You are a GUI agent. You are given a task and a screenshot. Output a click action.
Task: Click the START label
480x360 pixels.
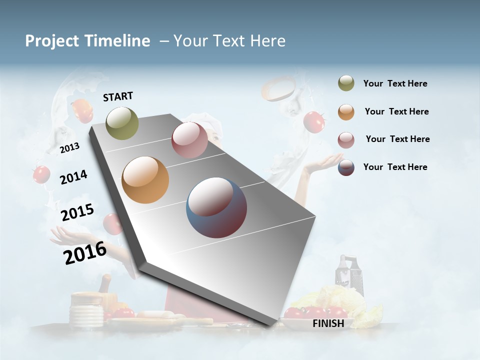(118, 96)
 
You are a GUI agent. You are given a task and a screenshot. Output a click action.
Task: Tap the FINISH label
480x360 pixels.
(328, 323)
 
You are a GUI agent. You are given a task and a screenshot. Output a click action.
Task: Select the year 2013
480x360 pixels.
(70, 148)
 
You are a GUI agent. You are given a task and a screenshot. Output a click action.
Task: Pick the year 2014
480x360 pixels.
(73, 177)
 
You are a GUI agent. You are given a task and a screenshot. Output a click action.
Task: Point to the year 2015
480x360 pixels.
(77, 212)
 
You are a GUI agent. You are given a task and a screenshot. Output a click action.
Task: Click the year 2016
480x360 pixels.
(85, 253)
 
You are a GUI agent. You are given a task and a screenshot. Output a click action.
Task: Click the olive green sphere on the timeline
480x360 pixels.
(122, 123)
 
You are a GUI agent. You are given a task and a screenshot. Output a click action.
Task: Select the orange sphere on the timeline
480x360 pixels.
(145, 179)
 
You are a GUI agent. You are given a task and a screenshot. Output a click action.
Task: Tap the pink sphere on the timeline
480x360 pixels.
(189, 140)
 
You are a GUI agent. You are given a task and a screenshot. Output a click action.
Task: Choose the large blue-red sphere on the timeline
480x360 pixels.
(216, 207)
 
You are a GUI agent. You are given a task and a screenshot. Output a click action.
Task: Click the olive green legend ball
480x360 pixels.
(346, 83)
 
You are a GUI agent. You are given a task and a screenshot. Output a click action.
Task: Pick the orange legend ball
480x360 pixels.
(346, 112)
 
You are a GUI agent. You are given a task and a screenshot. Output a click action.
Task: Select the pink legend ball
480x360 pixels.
(346, 140)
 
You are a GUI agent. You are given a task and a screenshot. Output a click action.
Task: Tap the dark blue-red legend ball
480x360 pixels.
(346, 167)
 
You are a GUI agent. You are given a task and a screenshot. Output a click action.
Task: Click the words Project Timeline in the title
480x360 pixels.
(87, 41)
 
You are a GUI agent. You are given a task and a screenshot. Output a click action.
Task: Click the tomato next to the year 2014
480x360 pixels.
(41, 174)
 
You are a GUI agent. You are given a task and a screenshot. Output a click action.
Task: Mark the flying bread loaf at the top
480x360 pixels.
(279, 88)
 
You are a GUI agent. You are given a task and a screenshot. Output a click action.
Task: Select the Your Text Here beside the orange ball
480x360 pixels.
(396, 111)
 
